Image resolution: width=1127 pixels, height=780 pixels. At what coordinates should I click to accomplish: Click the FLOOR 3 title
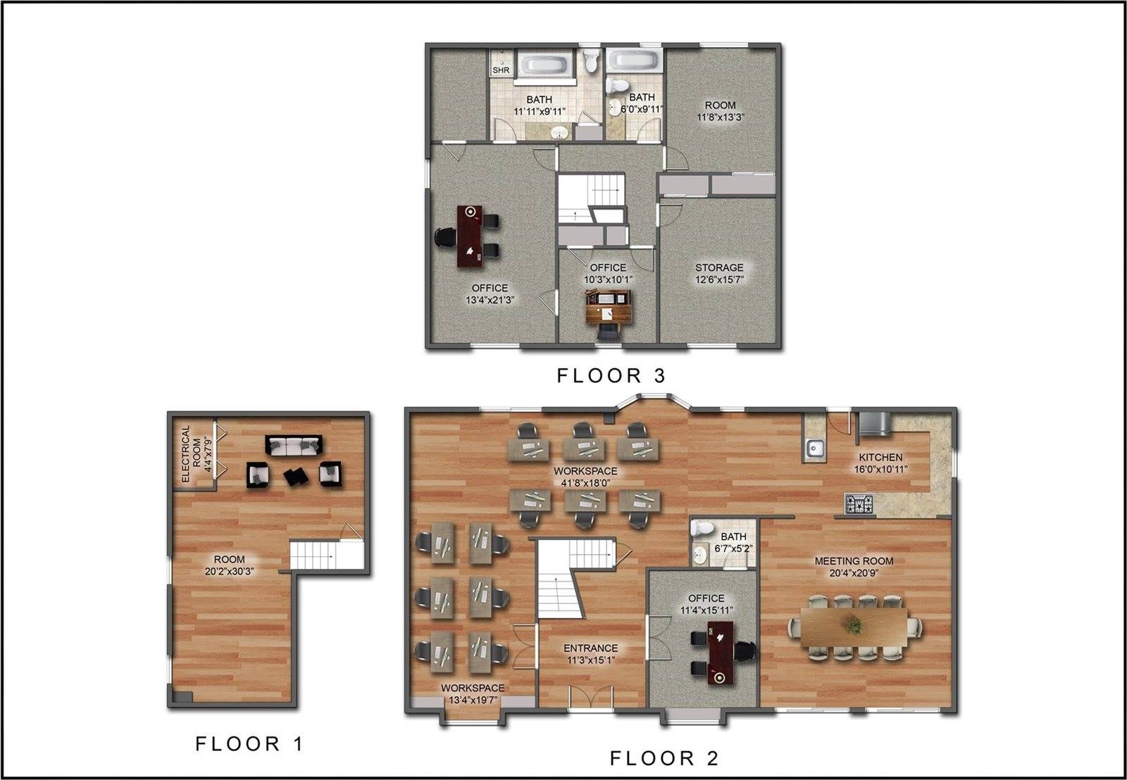pyautogui.click(x=611, y=376)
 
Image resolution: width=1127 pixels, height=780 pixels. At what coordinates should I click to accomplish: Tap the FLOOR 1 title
pyautogui.click(x=249, y=744)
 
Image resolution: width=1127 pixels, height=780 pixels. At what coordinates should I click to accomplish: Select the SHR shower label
pyautogui.click(x=501, y=70)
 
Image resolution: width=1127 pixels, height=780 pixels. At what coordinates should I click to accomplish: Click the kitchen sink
pyautogui.click(x=814, y=448)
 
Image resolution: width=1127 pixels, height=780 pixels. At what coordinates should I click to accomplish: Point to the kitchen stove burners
pyautogui.click(x=859, y=504)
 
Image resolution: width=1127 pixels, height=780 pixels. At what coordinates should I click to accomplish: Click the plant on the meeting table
pyautogui.click(x=854, y=627)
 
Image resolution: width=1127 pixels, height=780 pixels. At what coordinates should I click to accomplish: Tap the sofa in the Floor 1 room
pyautogui.click(x=294, y=446)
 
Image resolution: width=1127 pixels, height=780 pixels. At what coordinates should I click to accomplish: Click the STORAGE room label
pyautogui.click(x=719, y=268)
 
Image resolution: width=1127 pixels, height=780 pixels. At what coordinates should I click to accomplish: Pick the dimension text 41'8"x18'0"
pyautogui.click(x=585, y=484)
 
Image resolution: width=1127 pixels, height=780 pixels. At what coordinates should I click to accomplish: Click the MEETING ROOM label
pyautogui.click(x=854, y=561)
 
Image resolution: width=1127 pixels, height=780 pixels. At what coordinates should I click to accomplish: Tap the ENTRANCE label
pyautogui.click(x=591, y=648)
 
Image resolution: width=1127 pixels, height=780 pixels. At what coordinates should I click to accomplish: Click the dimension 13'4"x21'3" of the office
pyautogui.click(x=490, y=300)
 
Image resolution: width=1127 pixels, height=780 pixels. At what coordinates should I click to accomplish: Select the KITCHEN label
pyautogui.click(x=880, y=457)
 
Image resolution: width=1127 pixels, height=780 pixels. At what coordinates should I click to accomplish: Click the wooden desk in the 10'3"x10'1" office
pyautogui.click(x=609, y=307)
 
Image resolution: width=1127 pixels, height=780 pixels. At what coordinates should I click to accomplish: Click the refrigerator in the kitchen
pyautogui.click(x=874, y=423)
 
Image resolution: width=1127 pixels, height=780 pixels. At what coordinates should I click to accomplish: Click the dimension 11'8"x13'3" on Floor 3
pyautogui.click(x=721, y=118)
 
